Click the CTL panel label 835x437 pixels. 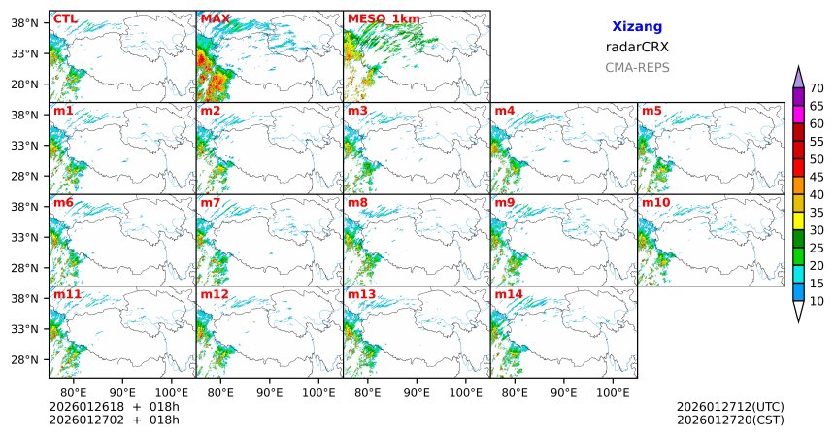point(65,18)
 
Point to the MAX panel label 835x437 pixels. point(215,18)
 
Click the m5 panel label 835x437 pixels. point(651,111)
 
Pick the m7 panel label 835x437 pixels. point(211,202)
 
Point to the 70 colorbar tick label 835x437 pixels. point(818,88)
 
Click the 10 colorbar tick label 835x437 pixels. point(818,302)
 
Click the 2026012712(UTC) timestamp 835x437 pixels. point(730,406)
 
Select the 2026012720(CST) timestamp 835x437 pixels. point(730,420)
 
